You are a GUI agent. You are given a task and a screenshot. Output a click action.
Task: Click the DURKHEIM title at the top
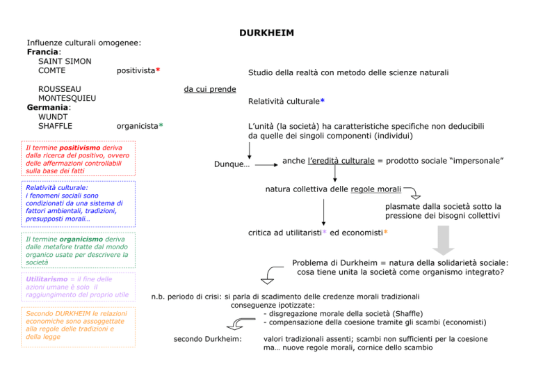(x=266, y=33)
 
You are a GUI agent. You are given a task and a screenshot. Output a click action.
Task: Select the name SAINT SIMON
(x=65, y=61)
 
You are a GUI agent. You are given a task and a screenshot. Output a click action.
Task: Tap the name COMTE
(x=51, y=70)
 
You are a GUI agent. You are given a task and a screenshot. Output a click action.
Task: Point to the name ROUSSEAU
(x=60, y=89)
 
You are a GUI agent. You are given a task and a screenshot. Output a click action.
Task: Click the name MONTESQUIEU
(x=67, y=98)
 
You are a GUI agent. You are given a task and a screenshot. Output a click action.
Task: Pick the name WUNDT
(x=53, y=116)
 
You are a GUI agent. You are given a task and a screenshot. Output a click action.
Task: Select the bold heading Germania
(x=48, y=107)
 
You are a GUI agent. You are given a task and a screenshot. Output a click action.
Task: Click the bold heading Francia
(x=42, y=52)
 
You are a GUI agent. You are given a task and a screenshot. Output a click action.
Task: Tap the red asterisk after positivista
(x=158, y=70)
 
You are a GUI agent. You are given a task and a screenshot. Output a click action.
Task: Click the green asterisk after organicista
(x=161, y=125)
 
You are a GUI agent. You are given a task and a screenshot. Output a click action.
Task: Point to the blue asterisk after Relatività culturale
(x=323, y=100)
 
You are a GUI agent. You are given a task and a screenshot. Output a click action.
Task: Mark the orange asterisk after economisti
(x=386, y=232)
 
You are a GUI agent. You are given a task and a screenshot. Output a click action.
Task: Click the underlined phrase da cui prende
(x=210, y=89)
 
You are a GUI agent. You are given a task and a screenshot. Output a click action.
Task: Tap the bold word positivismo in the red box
(x=80, y=148)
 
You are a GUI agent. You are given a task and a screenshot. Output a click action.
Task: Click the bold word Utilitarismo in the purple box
(x=47, y=279)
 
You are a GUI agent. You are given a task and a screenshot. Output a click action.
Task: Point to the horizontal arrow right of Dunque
(x=267, y=165)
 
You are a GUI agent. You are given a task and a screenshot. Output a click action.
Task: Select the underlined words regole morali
(x=376, y=189)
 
